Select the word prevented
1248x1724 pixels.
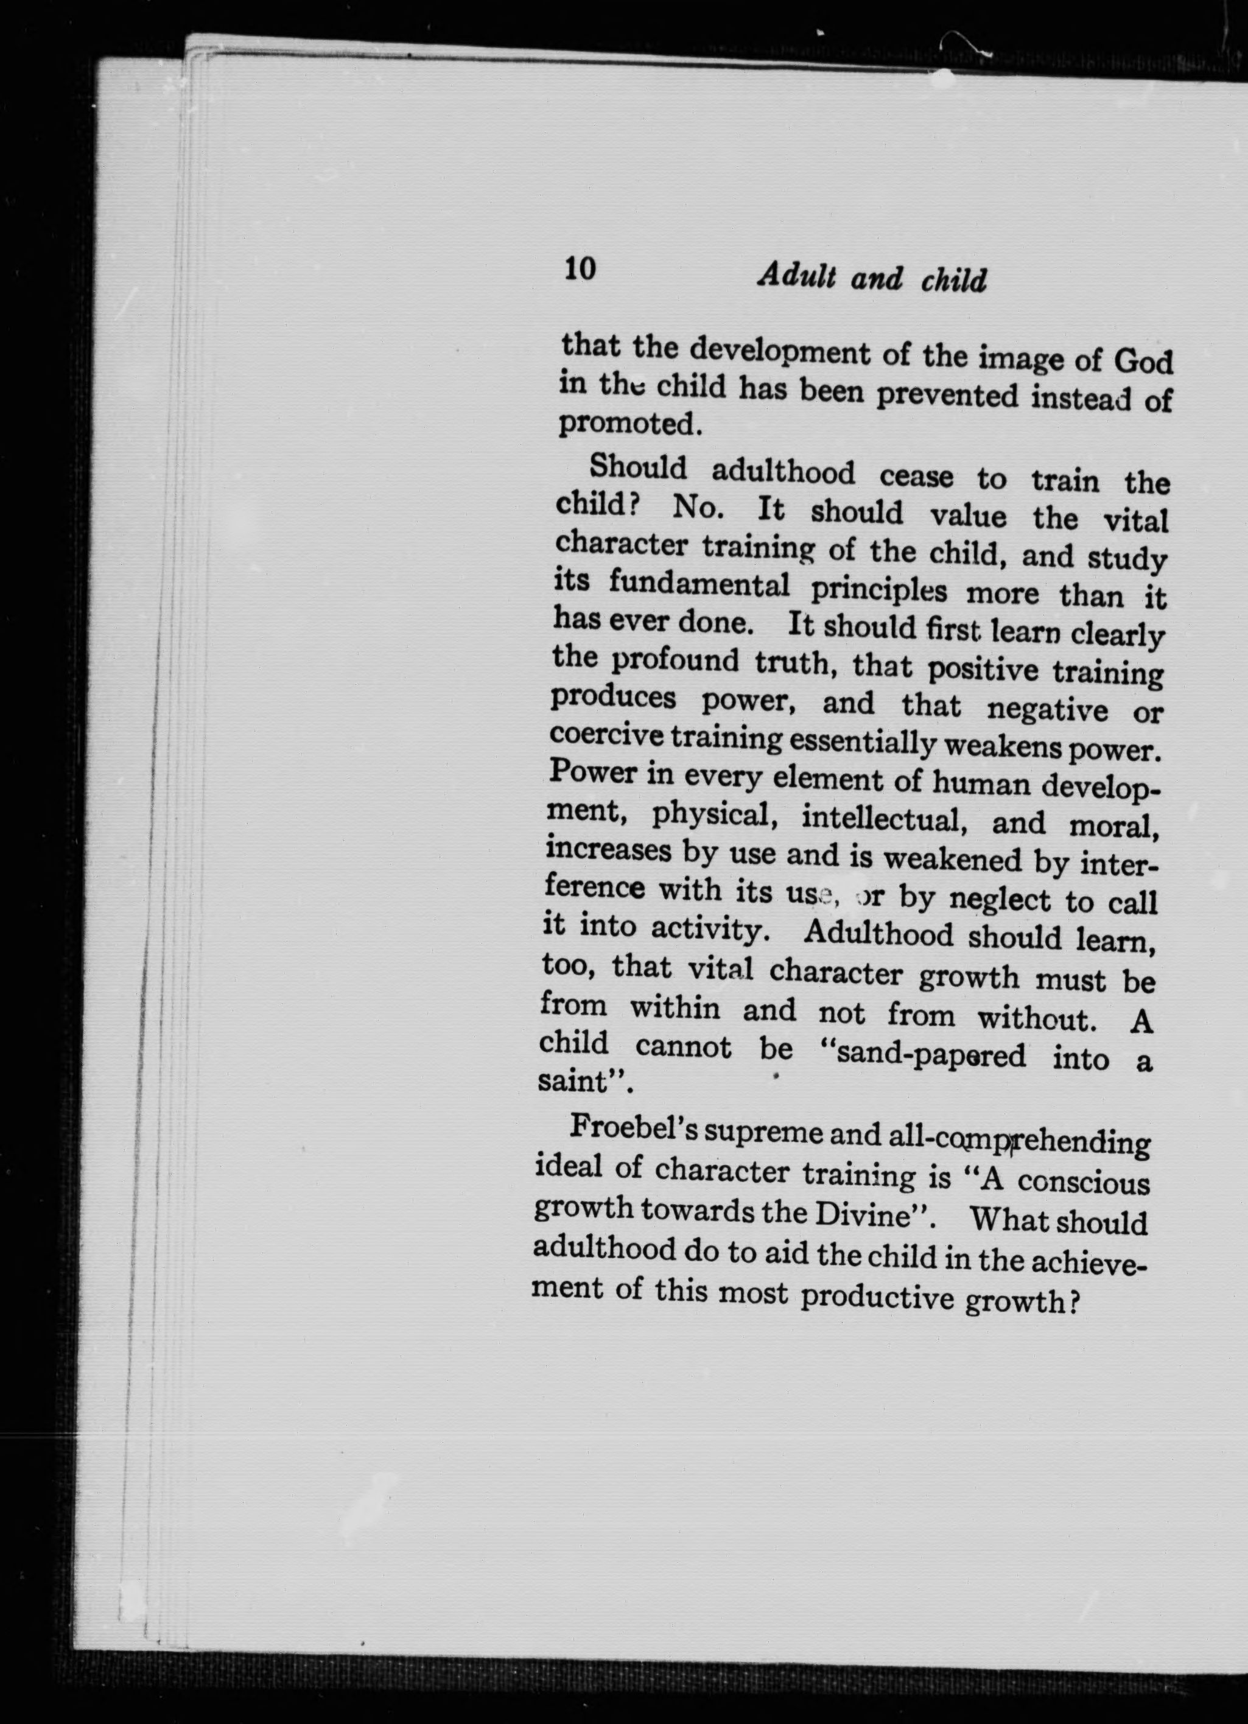point(946,395)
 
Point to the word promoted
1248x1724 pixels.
point(627,424)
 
